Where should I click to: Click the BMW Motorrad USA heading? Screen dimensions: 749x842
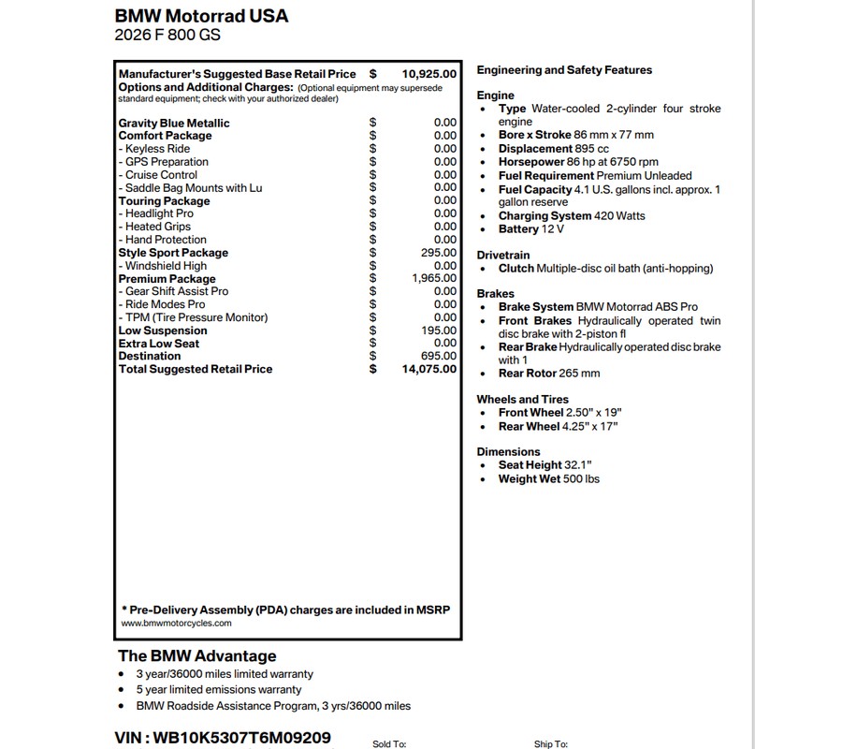click(x=201, y=16)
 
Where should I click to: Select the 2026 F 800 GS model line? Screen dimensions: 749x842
click(x=167, y=37)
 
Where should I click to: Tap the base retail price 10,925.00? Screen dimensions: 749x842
click(x=429, y=74)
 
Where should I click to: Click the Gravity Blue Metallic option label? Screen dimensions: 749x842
click(x=174, y=123)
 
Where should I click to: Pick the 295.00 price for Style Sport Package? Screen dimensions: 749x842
click(x=439, y=253)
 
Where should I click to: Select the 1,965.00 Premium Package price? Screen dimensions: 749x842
click(x=434, y=279)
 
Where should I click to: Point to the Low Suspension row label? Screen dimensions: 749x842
click(x=163, y=330)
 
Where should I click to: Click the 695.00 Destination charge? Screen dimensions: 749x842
click(x=439, y=357)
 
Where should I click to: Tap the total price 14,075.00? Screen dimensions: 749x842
click(x=429, y=369)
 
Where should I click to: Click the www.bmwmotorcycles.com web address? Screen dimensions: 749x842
click(x=176, y=623)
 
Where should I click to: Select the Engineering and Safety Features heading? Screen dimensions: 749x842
click(x=564, y=70)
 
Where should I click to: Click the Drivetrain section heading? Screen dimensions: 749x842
click(x=503, y=255)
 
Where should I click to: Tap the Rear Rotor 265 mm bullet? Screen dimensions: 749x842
click(x=549, y=374)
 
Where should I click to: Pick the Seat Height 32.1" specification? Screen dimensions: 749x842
click(x=544, y=465)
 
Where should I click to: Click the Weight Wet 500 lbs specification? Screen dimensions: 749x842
click(x=549, y=479)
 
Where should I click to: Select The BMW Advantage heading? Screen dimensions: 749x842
click(x=196, y=656)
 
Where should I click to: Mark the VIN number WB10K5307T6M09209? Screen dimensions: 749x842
click(x=223, y=738)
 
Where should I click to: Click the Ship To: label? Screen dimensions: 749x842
click(x=551, y=744)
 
